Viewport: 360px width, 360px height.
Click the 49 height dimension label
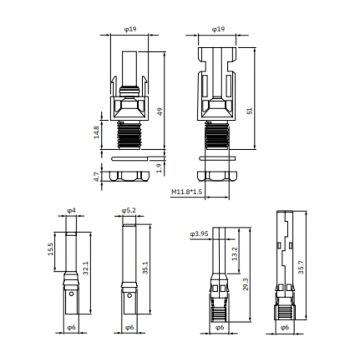[160, 112]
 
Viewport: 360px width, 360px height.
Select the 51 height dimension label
[250, 111]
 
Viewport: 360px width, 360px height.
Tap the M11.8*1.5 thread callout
[186, 192]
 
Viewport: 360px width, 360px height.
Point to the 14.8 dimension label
[96, 132]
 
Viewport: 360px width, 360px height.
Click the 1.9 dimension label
[159, 168]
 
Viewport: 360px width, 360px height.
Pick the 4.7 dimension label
[97, 177]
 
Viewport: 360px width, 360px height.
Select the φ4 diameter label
[72, 210]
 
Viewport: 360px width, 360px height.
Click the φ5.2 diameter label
[129, 210]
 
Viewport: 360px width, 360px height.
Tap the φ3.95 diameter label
[199, 234]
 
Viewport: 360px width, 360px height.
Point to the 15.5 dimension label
[50, 249]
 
